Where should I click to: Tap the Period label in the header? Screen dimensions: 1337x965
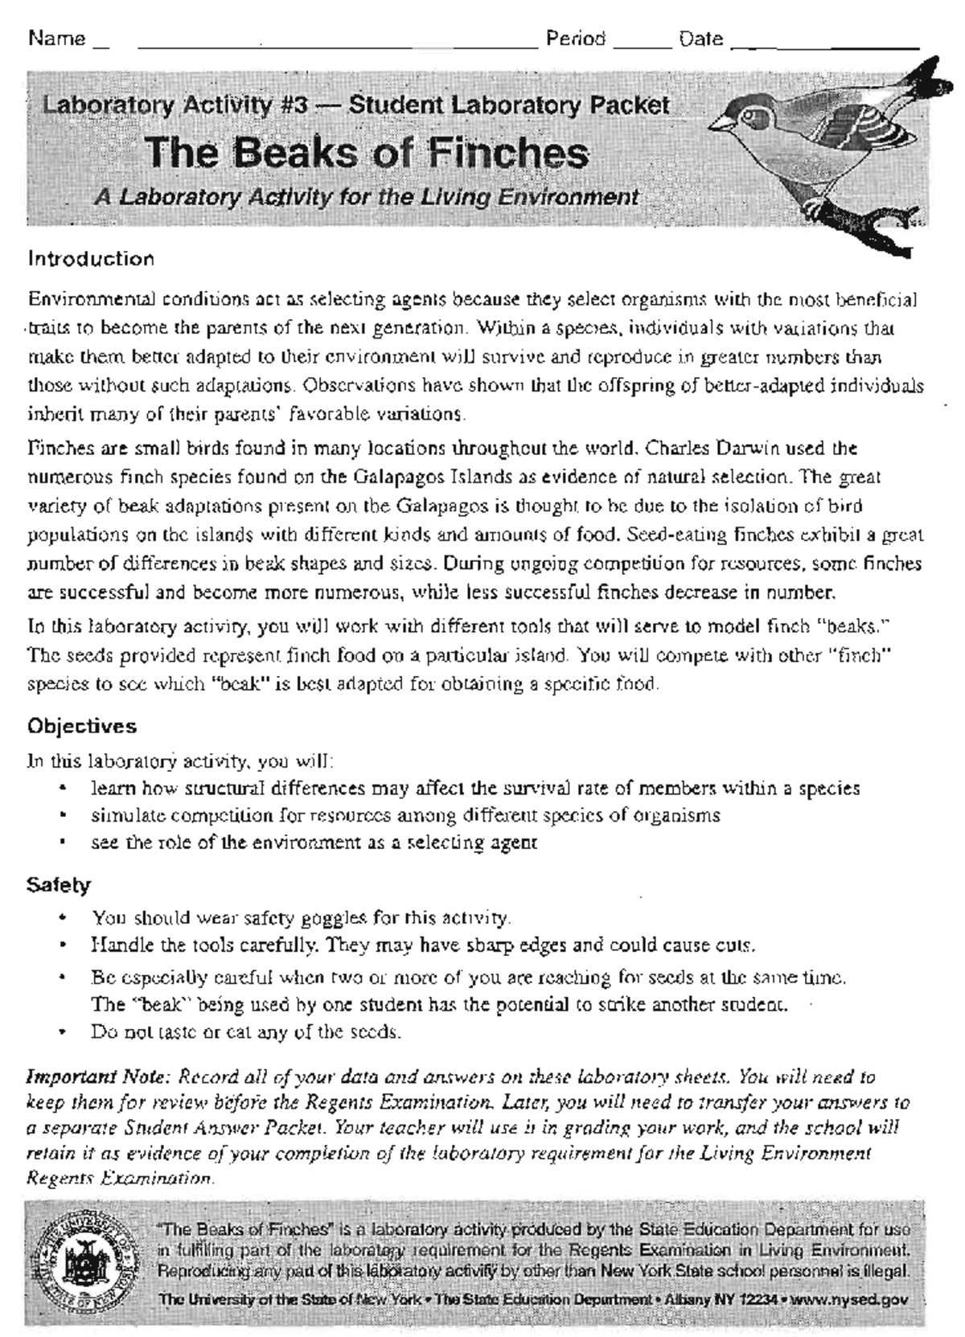click(x=576, y=39)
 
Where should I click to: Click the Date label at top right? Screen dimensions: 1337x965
click(x=700, y=39)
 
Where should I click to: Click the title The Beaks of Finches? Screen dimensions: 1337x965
click(x=367, y=153)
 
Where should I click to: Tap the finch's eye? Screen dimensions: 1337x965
click(x=753, y=113)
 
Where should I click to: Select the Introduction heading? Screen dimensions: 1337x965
click(x=91, y=259)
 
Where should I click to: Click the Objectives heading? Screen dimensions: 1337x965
click(x=82, y=726)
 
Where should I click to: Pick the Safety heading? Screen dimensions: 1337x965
click(x=59, y=885)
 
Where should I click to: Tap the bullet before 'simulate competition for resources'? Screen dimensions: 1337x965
click(x=62, y=816)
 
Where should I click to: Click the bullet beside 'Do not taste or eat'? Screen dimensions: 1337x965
click(x=62, y=1031)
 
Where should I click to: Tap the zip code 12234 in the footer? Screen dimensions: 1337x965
click(x=758, y=1299)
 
